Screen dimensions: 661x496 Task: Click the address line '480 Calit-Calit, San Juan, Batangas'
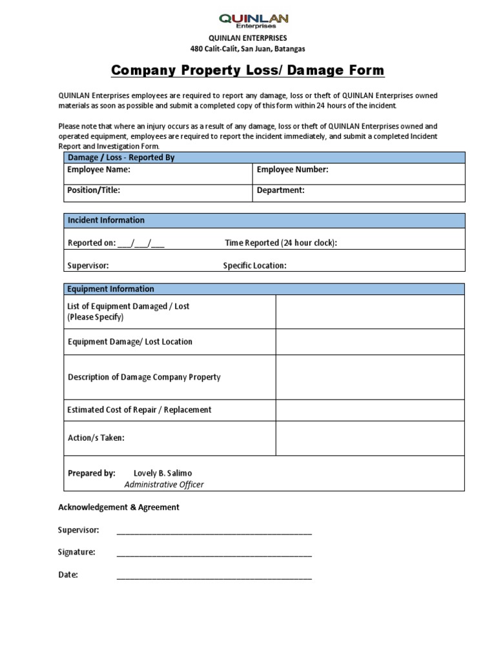247,48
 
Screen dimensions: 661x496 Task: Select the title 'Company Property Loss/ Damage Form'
247,70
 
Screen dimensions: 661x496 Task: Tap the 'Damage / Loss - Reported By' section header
121,158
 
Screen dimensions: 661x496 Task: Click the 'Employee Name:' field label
99,170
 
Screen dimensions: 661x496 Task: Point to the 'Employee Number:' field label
293,170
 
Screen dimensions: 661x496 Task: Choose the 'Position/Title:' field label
94,190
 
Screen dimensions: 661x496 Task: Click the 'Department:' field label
280,190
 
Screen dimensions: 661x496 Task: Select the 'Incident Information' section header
106,220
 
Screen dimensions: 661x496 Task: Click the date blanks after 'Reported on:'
141,243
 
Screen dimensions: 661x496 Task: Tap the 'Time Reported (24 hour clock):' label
281,243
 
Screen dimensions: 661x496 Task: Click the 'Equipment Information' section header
110,289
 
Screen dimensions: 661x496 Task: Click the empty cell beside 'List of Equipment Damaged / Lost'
370,312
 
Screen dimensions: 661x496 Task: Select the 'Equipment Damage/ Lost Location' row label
130,341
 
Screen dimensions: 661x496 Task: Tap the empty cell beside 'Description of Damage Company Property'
370,377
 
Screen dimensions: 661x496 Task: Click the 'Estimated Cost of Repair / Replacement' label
139,410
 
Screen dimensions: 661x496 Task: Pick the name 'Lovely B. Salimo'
163,473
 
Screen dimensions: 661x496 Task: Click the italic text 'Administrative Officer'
164,485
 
